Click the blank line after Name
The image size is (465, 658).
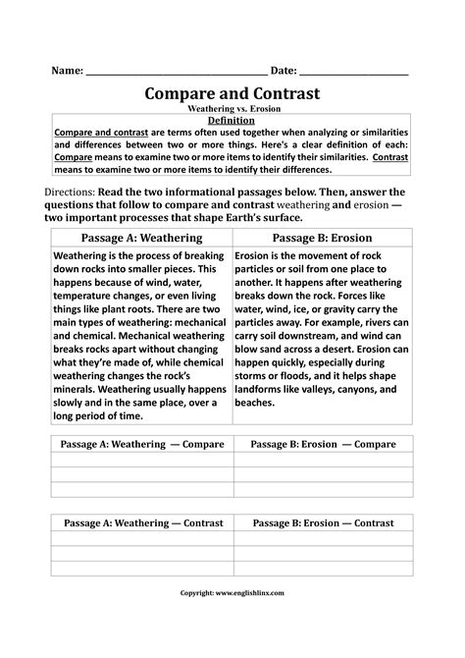(x=177, y=75)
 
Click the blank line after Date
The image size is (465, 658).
(x=353, y=75)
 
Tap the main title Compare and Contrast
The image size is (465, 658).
(x=232, y=94)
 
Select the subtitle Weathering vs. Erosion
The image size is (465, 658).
(x=232, y=109)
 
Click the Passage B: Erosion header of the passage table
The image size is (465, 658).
(x=323, y=238)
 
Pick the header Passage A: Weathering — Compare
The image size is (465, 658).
(x=140, y=444)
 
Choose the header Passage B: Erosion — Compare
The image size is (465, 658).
(x=323, y=444)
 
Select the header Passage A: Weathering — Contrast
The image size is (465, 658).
(x=140, y=523)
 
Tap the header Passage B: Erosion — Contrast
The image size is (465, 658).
(x=323, y=523)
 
